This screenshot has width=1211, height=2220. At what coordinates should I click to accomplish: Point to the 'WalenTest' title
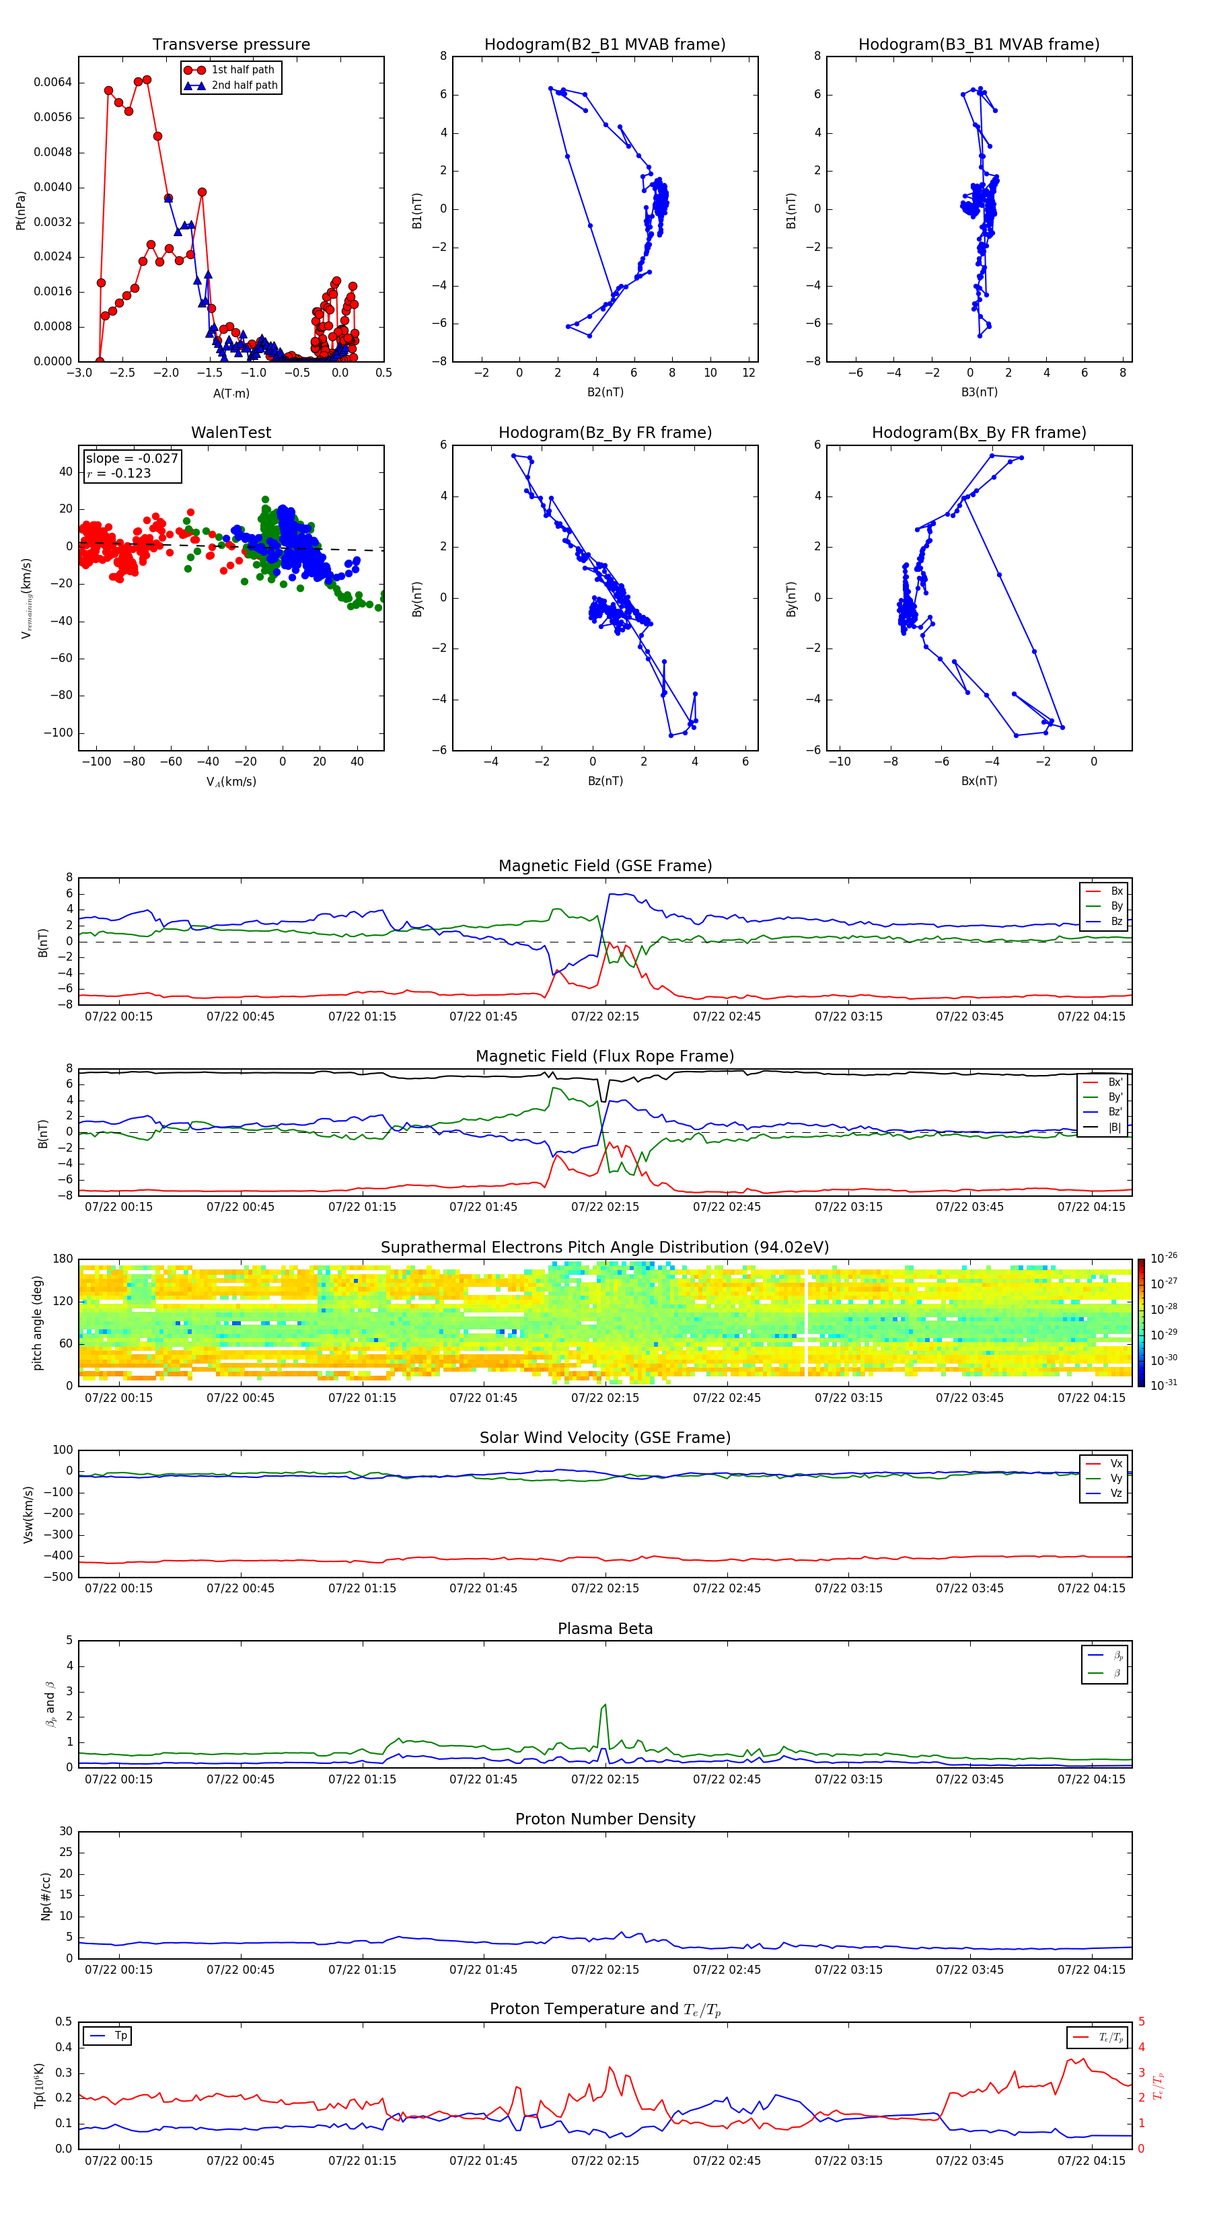point(231,433)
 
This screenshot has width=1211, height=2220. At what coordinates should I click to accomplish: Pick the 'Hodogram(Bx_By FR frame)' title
point(978,433)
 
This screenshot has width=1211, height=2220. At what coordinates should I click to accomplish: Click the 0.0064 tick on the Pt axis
point(52,83)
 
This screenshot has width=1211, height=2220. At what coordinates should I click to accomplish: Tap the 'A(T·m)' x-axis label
point(231,393)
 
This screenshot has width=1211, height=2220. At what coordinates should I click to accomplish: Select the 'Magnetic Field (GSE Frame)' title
point(605,866)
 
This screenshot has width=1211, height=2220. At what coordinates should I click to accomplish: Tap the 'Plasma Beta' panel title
point(605,1629)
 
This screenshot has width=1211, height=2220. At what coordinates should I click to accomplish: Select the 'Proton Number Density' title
point(605,1819)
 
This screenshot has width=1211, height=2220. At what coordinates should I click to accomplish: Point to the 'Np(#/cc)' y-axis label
point(46,1896)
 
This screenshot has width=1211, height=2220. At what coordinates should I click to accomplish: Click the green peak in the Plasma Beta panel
point(605,1705)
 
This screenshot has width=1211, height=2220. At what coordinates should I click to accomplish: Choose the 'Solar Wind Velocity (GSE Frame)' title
point(605,1438)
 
